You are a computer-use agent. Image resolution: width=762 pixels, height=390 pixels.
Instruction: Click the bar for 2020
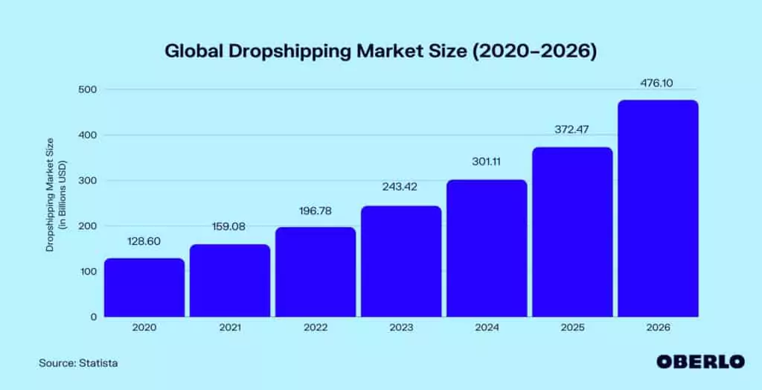144,287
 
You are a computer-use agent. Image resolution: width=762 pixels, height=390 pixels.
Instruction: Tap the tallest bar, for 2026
658,208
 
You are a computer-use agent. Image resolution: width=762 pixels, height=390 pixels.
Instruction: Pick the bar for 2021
230,280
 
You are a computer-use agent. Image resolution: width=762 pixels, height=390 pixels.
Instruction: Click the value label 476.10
657,83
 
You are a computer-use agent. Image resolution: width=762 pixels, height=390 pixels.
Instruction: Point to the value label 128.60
144,241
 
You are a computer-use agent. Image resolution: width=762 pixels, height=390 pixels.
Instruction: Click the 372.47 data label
572,130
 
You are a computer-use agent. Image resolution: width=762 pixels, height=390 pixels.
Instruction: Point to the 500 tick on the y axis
88,89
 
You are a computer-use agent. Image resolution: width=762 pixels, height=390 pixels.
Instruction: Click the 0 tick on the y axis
93,317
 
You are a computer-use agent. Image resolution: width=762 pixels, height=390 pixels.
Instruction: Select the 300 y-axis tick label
88,181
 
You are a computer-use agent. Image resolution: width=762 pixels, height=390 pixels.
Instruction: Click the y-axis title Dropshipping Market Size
51,194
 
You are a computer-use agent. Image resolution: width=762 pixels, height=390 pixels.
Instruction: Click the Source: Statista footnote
79,362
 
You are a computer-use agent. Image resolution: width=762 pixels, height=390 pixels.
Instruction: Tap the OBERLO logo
699,362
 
